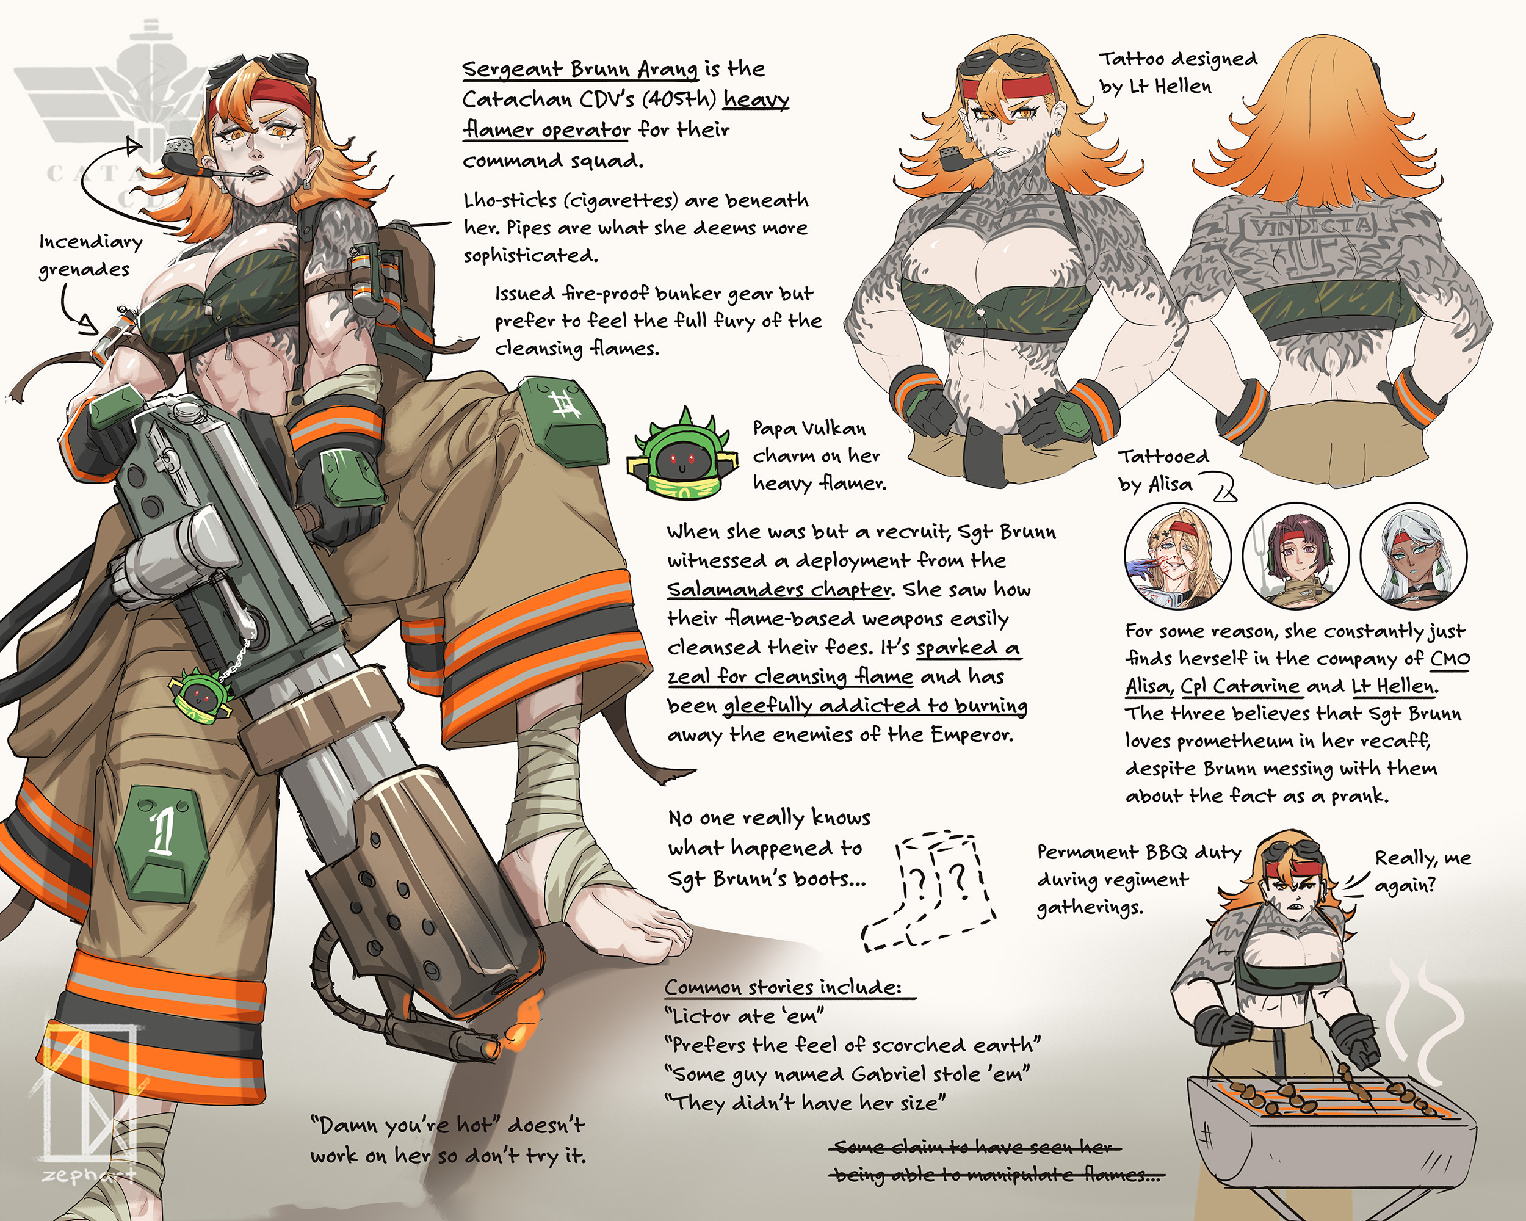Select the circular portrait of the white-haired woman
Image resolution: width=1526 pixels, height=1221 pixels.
pyautogui.click(x=1414, y=556)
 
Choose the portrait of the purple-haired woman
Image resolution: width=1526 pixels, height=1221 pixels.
pyautogui.click(x=1296, y=556)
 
